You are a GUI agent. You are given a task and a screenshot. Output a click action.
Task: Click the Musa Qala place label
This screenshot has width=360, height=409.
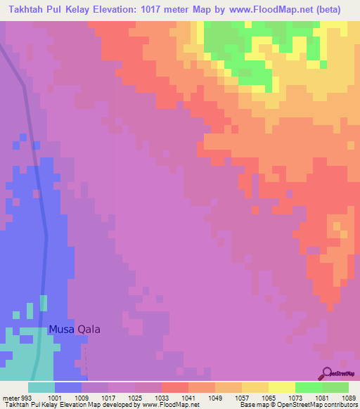pyautogui.click(x=75, y=329)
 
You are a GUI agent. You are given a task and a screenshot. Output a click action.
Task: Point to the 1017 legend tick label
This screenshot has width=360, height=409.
pyautogui.click(x=108, y=396)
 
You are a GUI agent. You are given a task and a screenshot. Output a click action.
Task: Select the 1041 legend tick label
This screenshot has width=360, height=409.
pyautogui.click(x=188, y=396)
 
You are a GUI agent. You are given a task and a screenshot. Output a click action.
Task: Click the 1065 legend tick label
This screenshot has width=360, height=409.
pyautogui.click(x=269, y=396)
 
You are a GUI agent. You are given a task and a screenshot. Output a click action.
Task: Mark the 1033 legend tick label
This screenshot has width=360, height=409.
pyautogui.click(x=162, y=396)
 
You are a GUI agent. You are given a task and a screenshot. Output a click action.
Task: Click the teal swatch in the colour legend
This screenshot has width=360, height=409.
pyautogui.click(x=41, y=387)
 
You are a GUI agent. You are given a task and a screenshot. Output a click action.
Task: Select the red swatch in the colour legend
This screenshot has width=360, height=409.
pyautogui.click(x=174, y=387)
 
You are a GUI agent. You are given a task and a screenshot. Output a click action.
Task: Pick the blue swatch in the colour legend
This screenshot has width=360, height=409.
pyautogui.click(x=67, y=387)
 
